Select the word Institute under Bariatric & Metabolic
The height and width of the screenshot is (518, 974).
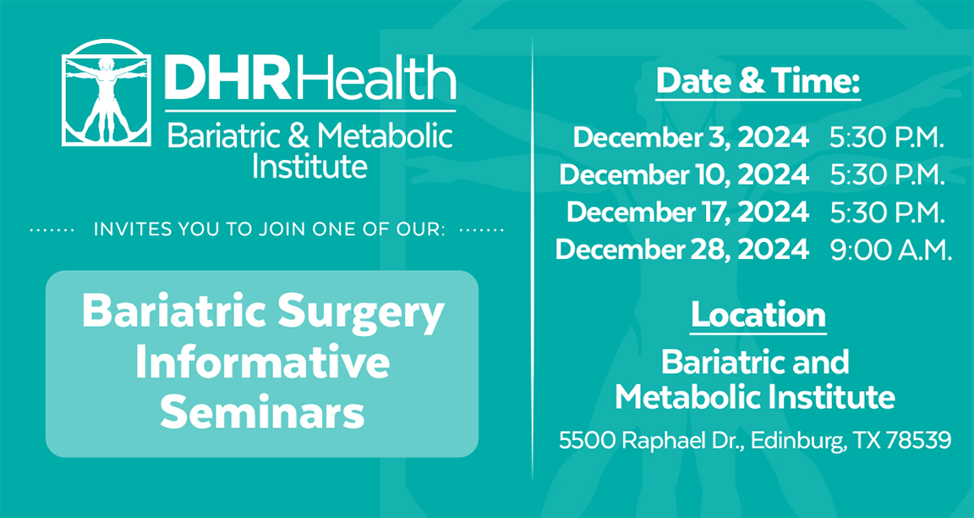309,165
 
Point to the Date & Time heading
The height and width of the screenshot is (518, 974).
758,81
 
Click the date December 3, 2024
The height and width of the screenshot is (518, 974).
691,138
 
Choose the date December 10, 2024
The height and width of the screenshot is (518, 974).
684,175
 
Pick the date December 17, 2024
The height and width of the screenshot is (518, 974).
687,212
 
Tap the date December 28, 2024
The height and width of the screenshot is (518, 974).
682,250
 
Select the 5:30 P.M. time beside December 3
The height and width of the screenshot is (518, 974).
887,138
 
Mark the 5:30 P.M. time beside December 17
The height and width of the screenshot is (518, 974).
887,212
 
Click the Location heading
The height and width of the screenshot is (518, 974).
758,315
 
